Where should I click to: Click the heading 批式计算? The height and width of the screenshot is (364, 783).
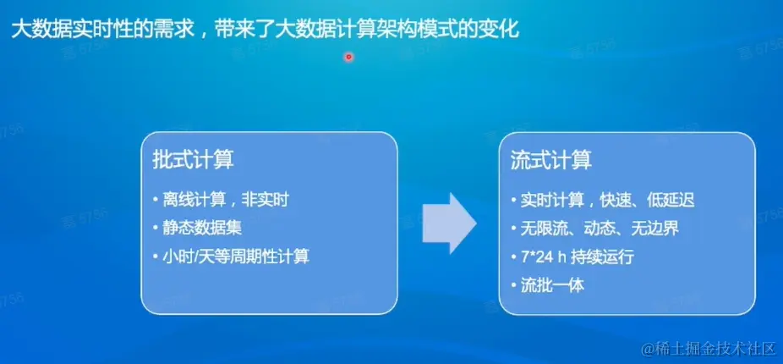[193, 161]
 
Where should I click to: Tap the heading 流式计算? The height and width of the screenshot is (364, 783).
[551, 161]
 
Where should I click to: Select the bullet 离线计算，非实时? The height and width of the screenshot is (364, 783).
[222, 200]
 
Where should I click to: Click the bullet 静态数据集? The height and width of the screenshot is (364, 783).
[198, 229]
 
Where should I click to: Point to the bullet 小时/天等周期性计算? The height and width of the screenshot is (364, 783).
[231, 257]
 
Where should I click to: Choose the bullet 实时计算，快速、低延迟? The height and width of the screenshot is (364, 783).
[603, 201]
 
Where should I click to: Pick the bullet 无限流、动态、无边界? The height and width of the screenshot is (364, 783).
[595, 229]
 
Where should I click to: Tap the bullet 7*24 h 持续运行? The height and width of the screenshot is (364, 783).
[572, 257]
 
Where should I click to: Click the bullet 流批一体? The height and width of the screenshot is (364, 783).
[548, 286]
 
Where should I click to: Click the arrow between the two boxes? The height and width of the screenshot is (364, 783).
[450, 223]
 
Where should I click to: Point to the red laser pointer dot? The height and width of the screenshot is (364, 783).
[348, 57]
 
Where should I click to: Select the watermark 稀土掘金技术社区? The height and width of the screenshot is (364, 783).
[709, 348]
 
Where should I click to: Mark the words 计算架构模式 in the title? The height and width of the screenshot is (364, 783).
[402, 30]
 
